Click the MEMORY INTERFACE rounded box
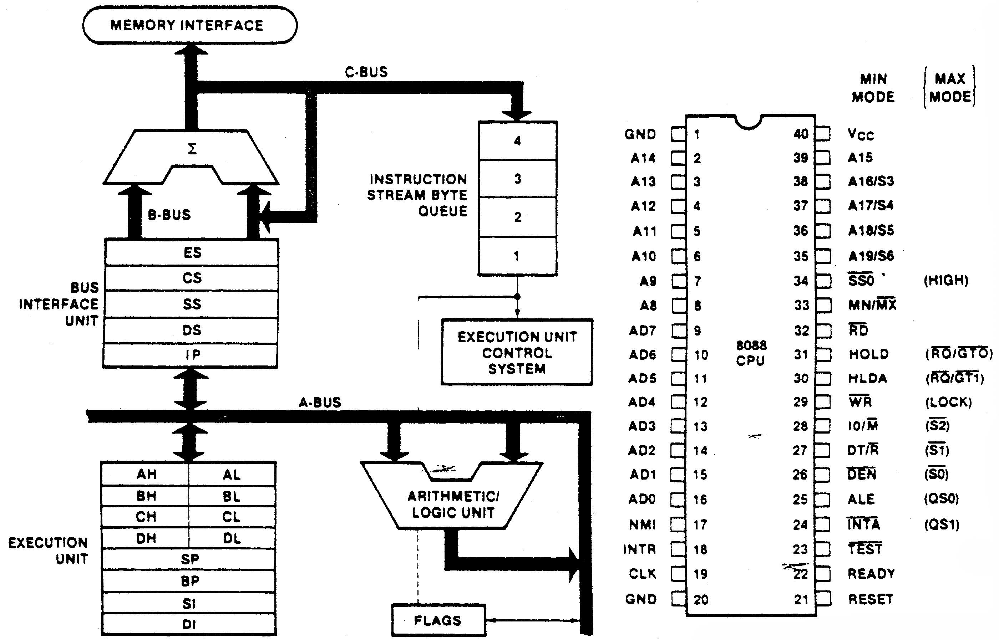click(189, 25)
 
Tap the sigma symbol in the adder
click(192, 149)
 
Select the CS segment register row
click(191, 278)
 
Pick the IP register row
click(191, 355)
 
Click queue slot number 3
click(518, 179)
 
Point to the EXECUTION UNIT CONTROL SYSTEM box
click(517, 352)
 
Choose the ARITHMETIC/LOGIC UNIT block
click(453, 504)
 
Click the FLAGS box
click(438, 620)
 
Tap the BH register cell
click(146, 496)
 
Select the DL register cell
click(232, 539)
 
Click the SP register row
click(189, 559)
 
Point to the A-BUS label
click(320, 402)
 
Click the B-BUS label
click(169, 215)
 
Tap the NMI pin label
click(642, 525)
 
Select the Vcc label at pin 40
click(861, 134)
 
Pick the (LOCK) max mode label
click(948, 402)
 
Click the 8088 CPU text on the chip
click(751, 353)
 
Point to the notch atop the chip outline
click(748, 122)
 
